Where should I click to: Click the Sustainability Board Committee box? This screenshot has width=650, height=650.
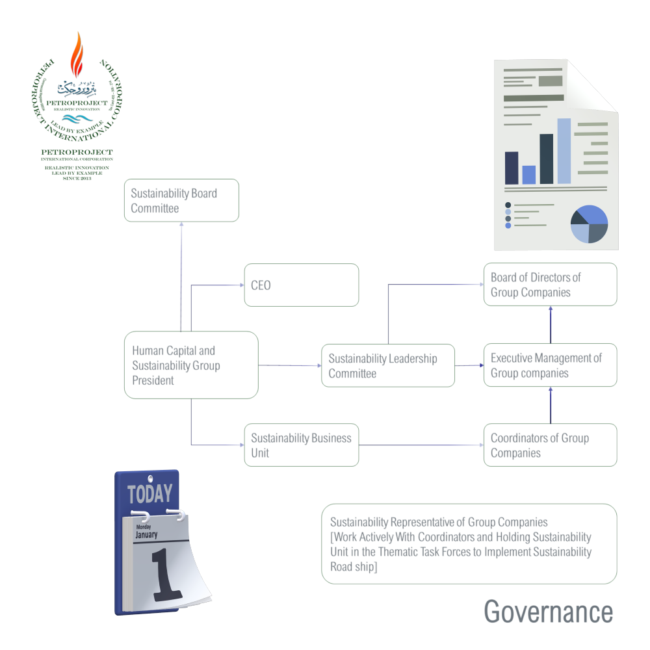pos(181,201)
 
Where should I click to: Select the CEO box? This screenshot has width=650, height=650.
pos(301,285)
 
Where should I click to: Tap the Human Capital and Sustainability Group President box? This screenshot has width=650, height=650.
pos(190,365)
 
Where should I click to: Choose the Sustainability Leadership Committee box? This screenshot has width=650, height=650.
pos(387,365)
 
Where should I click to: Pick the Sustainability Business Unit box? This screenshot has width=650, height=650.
pos(301,445)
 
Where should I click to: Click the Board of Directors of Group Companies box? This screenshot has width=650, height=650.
pos(550,285)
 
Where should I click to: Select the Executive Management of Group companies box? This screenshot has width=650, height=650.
pos(550,365)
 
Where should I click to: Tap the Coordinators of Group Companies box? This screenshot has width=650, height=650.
pos(550,445)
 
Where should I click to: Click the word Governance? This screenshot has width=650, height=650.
pos(548,612)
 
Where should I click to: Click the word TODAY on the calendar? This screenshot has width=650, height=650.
pos(150,495)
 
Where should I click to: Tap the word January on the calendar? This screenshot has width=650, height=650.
pos(146,534)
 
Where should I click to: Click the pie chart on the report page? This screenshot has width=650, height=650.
pos(589,224)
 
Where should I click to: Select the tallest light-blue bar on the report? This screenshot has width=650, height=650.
pos(564,151)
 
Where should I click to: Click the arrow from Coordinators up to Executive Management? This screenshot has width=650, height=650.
pos(551,406)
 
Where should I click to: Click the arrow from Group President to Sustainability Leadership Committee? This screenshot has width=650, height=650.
pos(290,366)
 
